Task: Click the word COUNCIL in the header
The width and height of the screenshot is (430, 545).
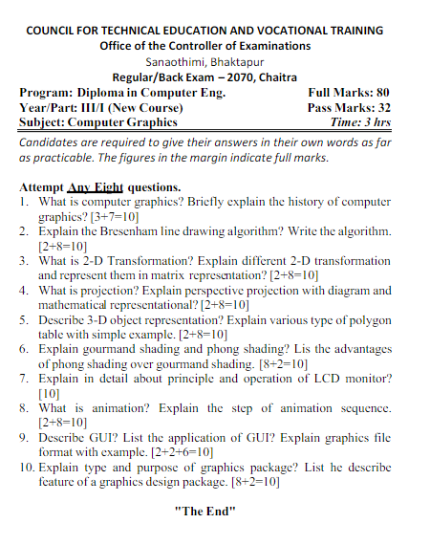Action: click(x=54, y=31)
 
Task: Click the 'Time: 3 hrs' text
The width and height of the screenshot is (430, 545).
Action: click(x=360, y=122)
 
